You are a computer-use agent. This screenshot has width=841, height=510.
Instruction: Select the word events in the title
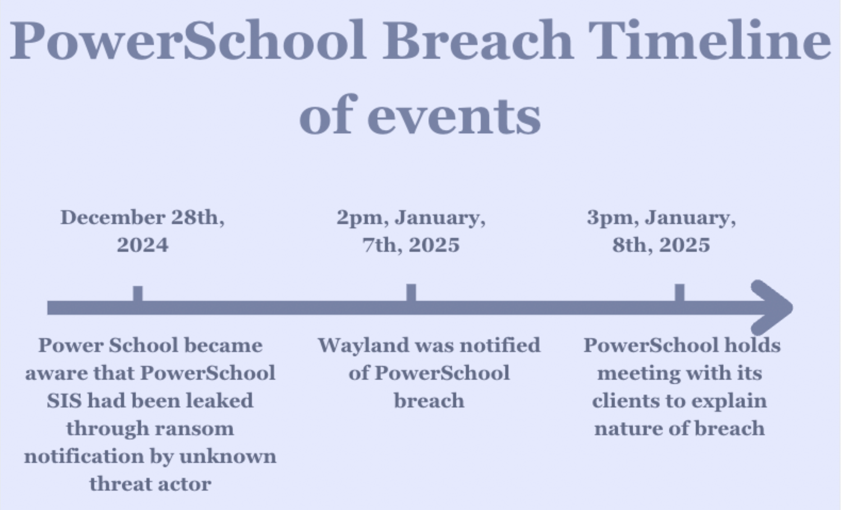point(454,116)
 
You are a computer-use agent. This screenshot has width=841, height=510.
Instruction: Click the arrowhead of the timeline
point(772,307)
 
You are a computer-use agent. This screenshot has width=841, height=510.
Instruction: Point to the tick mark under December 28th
point(138,293)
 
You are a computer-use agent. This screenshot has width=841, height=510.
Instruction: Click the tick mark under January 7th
point(411,292)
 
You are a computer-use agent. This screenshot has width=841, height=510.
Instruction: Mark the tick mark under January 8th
point(680,292)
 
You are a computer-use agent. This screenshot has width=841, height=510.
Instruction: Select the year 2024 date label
point(142,245)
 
